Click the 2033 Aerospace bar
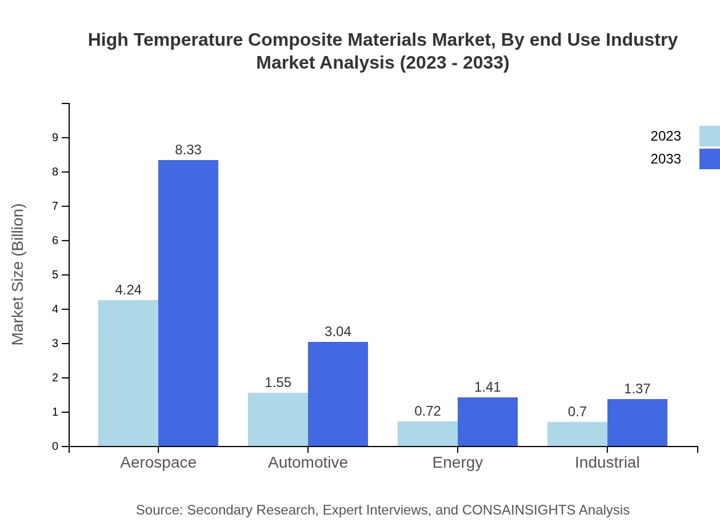188,303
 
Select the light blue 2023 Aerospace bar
128,373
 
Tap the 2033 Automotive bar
338,394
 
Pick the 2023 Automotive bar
278,419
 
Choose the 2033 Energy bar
487,421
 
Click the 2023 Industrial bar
577,434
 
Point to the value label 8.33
188,150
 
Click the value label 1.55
278,382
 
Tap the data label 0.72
427,411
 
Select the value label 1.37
637,389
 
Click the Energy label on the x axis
457,462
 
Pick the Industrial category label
607,462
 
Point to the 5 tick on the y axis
55,275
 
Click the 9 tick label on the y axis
55,137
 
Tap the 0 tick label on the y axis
55,447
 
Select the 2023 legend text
665,136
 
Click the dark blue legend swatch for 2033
709,159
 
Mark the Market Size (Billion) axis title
18,274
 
